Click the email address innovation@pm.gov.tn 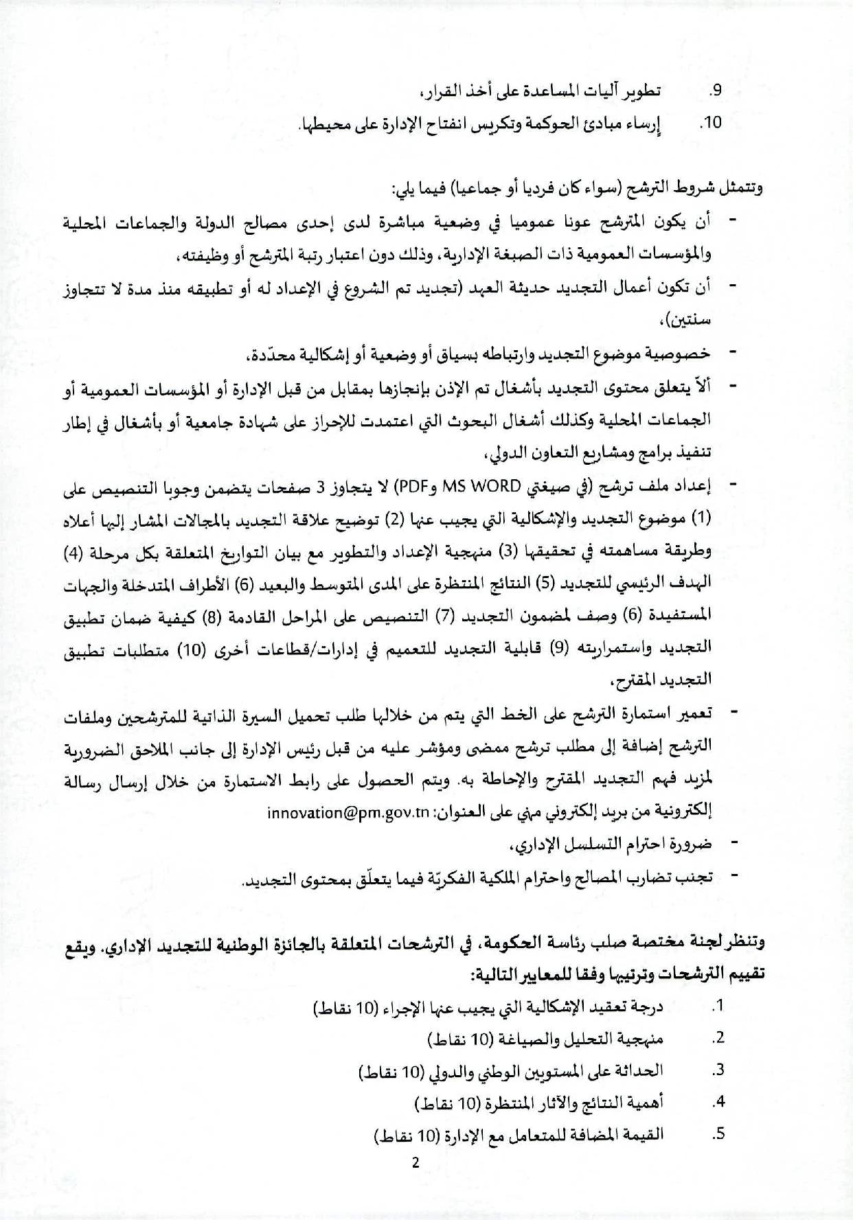click(347, 812)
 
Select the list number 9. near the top click(715, 91)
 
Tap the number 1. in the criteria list click(718, 1006)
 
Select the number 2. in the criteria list click(718, 1039)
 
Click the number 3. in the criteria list click(718, 1070)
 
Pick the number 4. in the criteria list click(718, 1103)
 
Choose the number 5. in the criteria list click(718, 1134)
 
